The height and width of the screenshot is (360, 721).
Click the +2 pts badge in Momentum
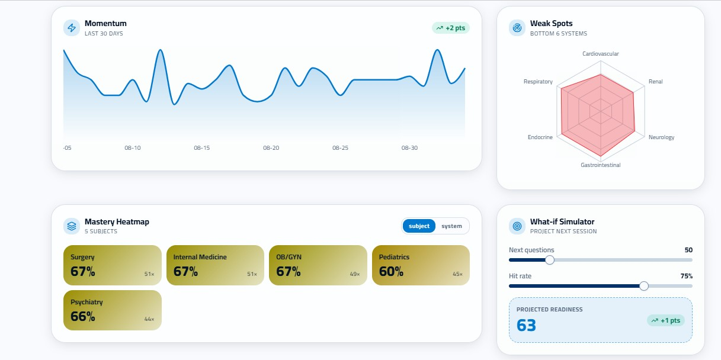tap(451, 28)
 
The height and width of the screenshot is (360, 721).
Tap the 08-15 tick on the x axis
tap(202, 148)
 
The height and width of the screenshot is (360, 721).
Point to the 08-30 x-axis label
tap(409, 148)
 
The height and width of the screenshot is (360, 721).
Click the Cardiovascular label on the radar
tap(601, 54)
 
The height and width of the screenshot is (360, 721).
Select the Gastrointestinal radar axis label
tap(601, 165)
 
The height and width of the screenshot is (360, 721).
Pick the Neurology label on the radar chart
tap(661, 137)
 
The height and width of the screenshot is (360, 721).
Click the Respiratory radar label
tap(538, 82)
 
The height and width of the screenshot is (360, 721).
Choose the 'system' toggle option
tap(451, 226)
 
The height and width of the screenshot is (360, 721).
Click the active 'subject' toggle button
tap(419, 226)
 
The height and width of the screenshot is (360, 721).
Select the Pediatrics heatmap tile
tap(421, 265)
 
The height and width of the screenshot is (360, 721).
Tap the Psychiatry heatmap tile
tap(113, 310)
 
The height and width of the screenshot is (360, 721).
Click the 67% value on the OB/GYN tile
tap(289, 272)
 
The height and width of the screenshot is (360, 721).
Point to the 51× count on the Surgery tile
tap(149, 274)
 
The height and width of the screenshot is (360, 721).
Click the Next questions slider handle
tap(550, 260)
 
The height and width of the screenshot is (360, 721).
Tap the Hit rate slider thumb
tap(644, 286)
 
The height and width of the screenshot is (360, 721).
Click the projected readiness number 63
tap(526, 325)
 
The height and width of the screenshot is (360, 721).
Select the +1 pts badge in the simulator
tap(666, 320)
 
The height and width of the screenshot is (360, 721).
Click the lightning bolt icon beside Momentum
tap(72, 28)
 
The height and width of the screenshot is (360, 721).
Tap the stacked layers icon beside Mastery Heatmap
tap(72, 226)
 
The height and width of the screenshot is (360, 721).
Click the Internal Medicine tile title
tap(200, 257)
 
